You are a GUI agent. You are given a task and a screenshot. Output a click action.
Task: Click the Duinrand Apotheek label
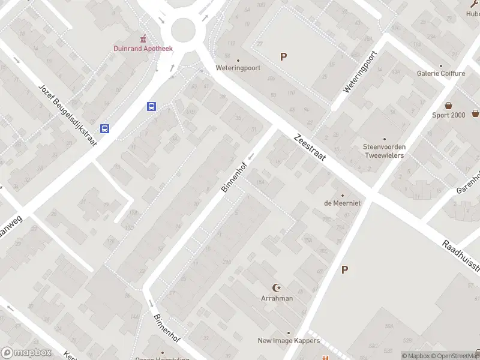click(143, 49)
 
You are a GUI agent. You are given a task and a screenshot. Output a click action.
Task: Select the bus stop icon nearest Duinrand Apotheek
click(152, 107)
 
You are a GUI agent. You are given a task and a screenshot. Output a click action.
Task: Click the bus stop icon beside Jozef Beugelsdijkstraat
click(105, 128)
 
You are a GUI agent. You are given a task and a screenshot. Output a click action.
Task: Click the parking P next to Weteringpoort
click(283, 57)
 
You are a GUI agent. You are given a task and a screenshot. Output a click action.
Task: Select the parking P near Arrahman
click(344, 270)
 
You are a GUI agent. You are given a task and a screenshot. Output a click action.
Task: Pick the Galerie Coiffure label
click(441, 73)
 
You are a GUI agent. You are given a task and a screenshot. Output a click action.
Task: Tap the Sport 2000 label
click(449, 115)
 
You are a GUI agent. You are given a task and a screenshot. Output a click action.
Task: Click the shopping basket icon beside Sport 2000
click(475, 113)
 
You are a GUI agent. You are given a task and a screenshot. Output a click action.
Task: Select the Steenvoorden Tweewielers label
click(383, 151)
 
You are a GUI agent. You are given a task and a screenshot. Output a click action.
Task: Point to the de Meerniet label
click(342, 203)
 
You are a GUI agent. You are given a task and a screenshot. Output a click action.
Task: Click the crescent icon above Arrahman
click(277, 289)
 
